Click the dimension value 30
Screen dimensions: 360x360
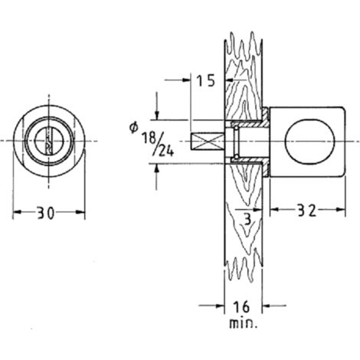pos(46,213)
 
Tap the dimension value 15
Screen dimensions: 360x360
pos(206,81)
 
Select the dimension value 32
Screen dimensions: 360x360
pos(307,211)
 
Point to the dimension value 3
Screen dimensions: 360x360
pos(247,219)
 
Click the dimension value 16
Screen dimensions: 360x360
pos(241,307)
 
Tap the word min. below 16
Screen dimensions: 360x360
pos(242,324)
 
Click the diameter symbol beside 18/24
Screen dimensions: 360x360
pos(133,127)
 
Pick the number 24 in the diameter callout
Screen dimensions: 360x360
pos(167,151)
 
